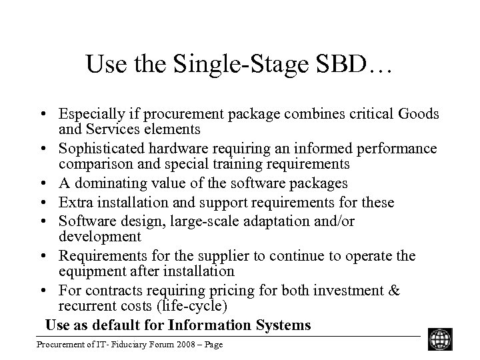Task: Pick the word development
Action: pyautogui.click(x=100, y=237)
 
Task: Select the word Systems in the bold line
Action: pyautogui.click(x=283, y=325)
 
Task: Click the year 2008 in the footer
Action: pyautogui.click(x=166, y=345)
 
